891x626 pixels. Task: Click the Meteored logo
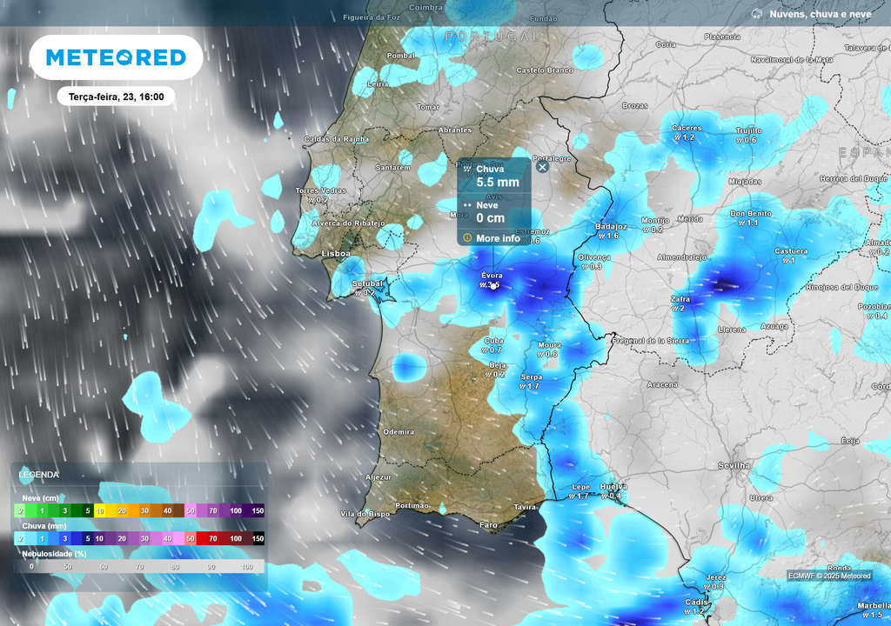point(116,57)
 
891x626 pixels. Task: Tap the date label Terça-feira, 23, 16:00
point(116,97)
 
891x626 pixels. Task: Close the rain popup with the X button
point(542,166)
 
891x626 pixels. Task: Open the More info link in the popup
point(498,238)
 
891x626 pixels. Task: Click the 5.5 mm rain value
point(498,183)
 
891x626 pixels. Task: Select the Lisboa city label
point(336,254)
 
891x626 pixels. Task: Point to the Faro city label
point(489,525)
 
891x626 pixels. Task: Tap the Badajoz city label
point(611,226)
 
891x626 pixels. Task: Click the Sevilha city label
point(734,466)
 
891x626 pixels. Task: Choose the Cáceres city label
point(687,128)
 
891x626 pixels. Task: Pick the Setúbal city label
point(367,283)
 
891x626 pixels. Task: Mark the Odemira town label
point(399,431)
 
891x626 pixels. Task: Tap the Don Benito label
point(751,213)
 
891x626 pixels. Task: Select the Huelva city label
point(613,487)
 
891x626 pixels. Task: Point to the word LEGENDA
point(39,475)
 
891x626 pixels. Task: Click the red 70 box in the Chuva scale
point(213,539)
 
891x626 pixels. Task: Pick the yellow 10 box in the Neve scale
point(99,511)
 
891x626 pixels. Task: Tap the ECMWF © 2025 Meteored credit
point(829,576)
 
